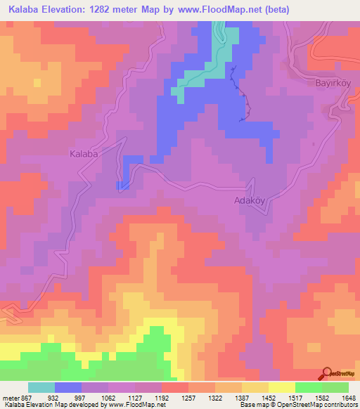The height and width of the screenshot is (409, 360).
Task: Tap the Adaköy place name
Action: [247, 200]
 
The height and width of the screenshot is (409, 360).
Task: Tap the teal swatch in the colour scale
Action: [41, 387]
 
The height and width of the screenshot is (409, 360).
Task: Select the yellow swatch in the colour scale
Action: [281, 387]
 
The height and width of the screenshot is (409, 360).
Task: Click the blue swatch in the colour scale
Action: [68, 387]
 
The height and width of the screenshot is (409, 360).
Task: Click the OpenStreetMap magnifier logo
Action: [328, 373]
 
